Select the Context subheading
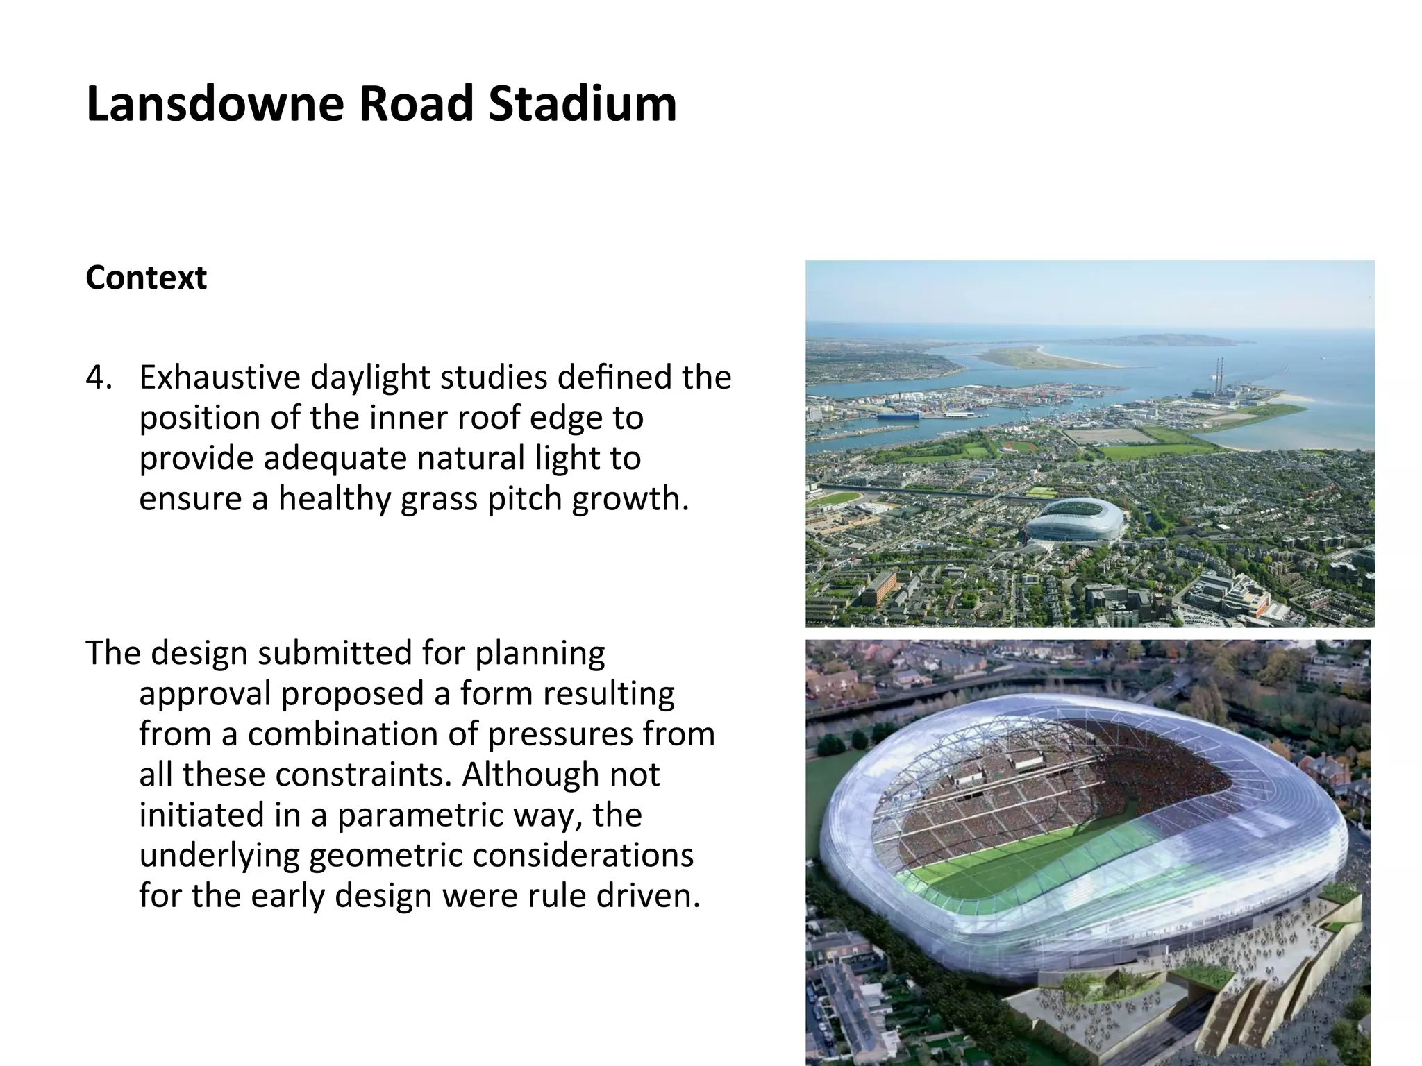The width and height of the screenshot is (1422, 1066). pos(146,278)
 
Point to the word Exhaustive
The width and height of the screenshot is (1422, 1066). pos(219,378)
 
